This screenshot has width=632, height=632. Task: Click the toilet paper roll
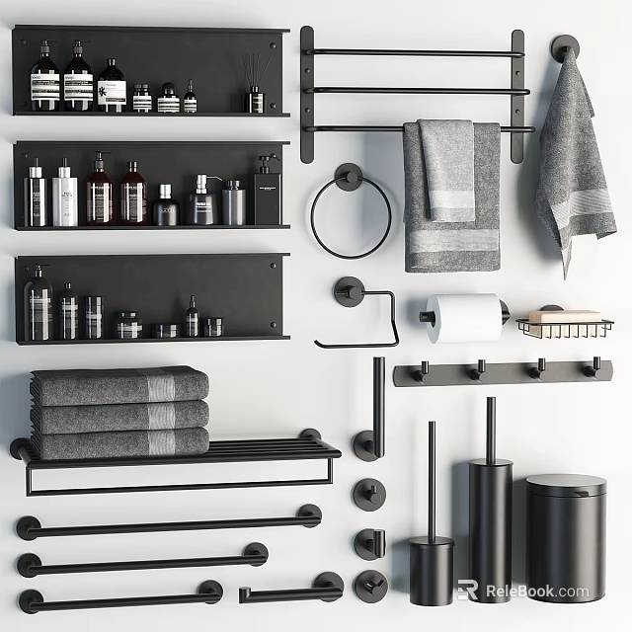click(x=464, y=317)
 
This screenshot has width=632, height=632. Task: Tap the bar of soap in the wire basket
click(x=564, y=317)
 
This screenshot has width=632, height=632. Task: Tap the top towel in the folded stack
click(x=119, y=384)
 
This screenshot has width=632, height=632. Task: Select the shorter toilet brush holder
click(x=432, y=568)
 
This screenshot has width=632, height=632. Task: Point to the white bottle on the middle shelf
click(x=65, y=197)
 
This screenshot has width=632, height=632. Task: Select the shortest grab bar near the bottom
click(x=290, y=592)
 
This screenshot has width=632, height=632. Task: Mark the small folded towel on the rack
click(x=446, y=168)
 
